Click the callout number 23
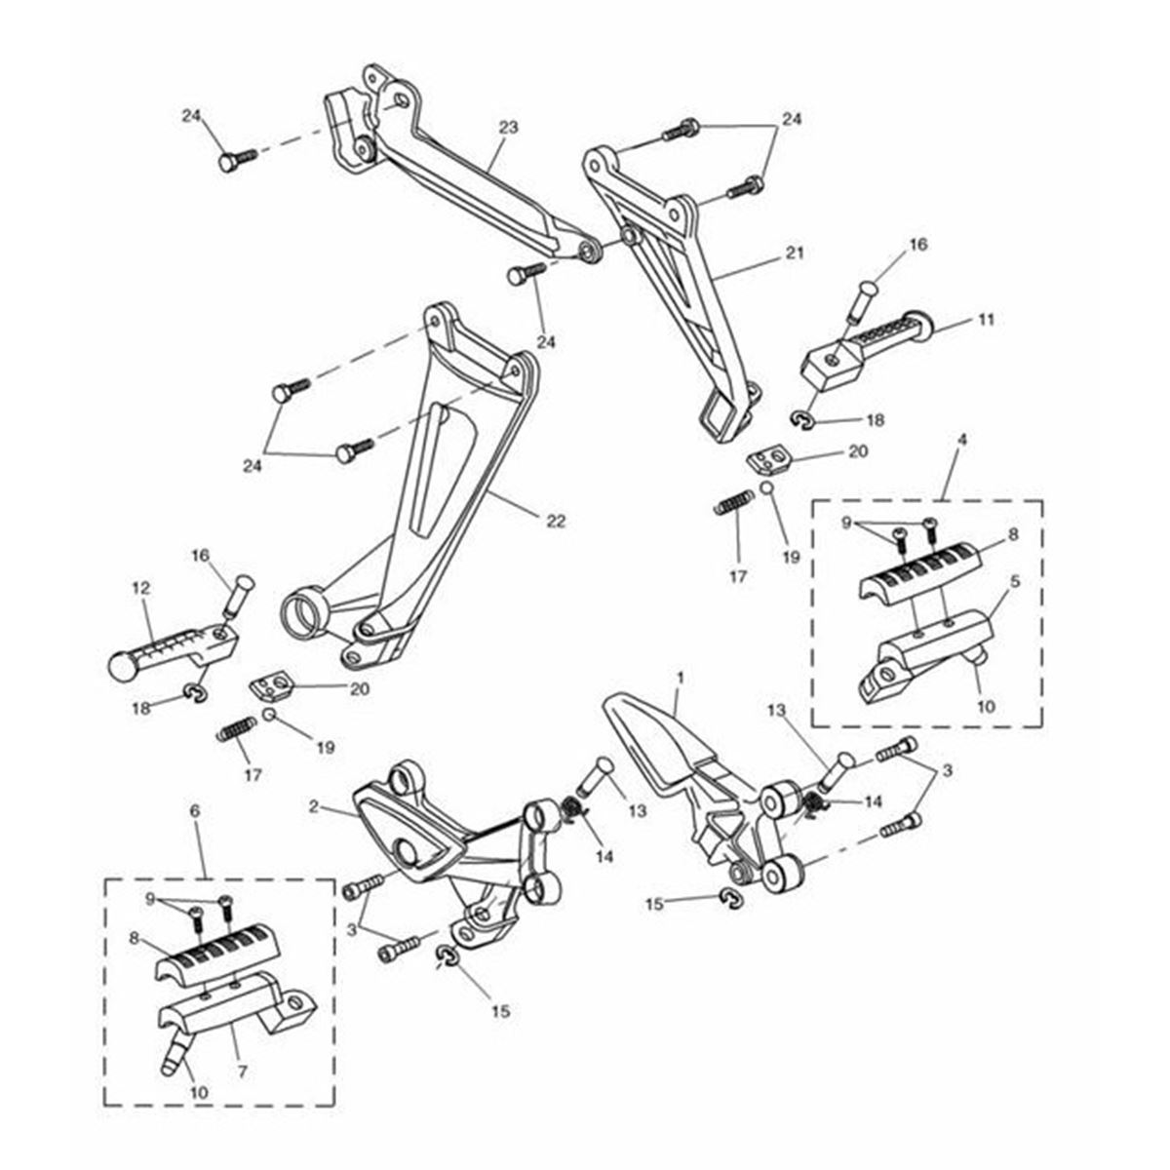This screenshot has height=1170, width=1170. coord(508,128)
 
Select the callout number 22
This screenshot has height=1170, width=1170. coord(556,522)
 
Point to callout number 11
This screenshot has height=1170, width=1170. coord(987,320)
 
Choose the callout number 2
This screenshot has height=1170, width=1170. coord(314,806)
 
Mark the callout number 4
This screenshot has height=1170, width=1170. coord(962,467)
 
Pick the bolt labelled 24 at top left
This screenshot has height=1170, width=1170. coord(234,161)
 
